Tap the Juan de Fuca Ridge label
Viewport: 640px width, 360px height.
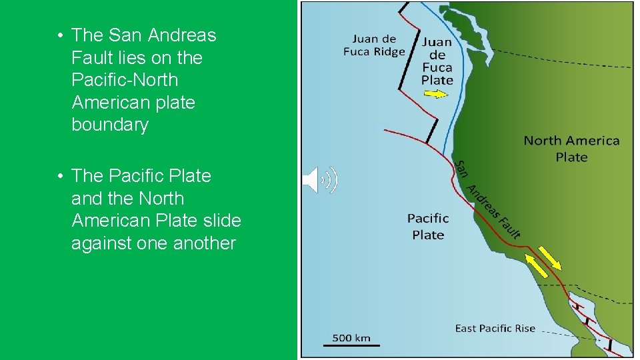374,45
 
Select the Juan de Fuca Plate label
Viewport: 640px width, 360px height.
437,61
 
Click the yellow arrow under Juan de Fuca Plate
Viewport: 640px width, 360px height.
436,94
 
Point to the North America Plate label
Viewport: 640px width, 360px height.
571,149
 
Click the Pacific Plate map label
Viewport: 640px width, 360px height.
428,226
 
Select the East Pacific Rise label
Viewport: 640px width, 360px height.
495,328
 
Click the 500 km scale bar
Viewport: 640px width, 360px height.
351,345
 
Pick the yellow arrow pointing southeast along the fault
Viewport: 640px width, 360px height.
550,258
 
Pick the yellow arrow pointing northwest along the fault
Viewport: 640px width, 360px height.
537,265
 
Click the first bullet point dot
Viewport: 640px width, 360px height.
60,35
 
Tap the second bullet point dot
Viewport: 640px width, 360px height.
60,177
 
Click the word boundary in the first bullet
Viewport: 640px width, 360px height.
110,125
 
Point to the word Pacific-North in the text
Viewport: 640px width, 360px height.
125,80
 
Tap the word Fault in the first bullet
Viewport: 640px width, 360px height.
91,58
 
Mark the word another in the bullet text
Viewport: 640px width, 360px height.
205,243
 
